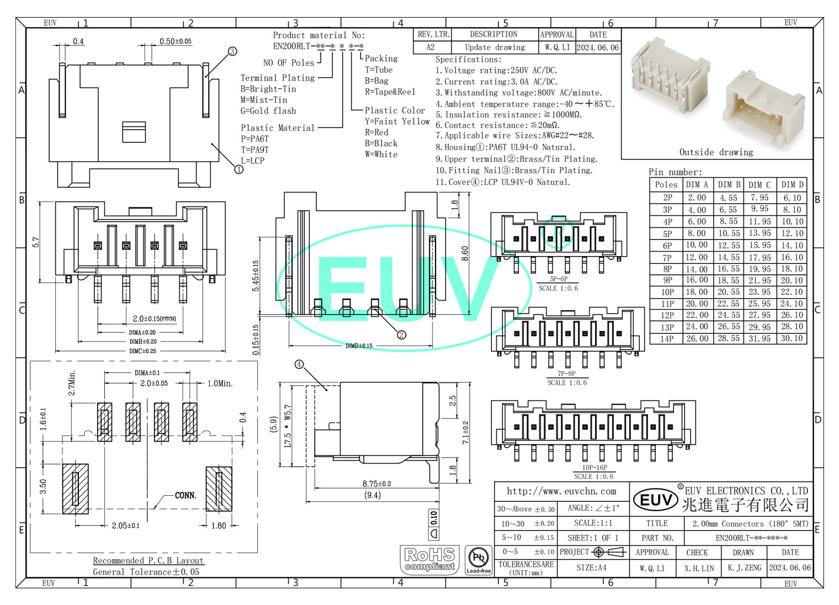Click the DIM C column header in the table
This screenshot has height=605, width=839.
point(760,185)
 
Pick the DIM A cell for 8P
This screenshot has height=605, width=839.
point(697,269)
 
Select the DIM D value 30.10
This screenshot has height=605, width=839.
point(792,338)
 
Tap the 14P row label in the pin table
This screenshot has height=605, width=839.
point(667,339)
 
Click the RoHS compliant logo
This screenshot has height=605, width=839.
point(429,560)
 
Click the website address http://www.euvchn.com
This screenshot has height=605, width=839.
point(561,491)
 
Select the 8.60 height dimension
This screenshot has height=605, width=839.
point(465,253)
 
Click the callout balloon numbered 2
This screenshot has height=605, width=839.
point(401,335)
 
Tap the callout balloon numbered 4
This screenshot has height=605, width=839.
point(299,364)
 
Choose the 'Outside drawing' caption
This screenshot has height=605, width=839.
point(716,152)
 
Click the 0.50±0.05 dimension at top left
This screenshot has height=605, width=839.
point(176,41)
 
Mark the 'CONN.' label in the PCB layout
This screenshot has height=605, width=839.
point(185,495)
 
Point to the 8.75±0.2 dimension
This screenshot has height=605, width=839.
point(376,484)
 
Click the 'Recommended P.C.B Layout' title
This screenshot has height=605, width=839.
point(148,560)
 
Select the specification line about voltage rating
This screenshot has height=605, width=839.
point(496,71)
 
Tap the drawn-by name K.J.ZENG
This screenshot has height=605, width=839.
point(744,567)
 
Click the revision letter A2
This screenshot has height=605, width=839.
point(431,47)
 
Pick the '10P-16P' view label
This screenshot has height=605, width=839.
point(594,468)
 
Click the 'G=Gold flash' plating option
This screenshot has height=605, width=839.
point(268,111)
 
